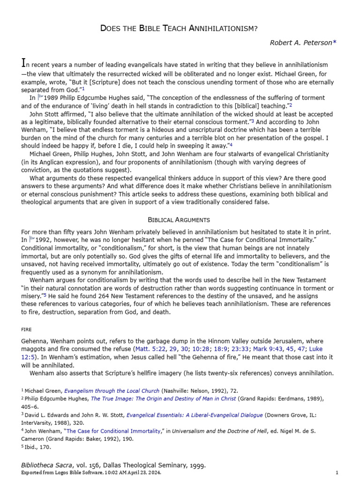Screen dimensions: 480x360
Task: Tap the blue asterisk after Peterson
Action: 335,43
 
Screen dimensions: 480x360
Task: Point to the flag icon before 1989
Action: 40,97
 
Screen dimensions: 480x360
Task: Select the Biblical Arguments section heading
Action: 179,219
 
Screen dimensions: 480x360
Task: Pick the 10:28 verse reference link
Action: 200,349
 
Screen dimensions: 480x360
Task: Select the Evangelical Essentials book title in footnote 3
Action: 183,414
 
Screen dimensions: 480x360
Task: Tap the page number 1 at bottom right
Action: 337,472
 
